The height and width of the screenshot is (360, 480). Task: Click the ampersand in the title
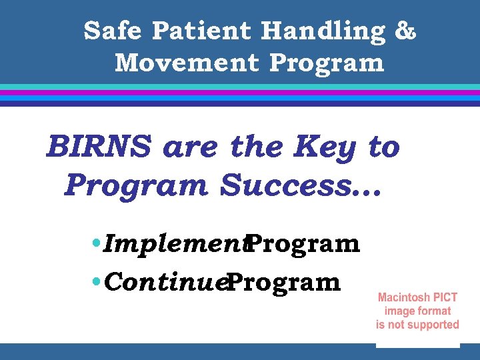click(x=405, y=31)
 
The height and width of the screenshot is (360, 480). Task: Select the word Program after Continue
click(x=283, y=283)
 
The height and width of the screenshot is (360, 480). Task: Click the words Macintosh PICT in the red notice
click(x=417, y=297)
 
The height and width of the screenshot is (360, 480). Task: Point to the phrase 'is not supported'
click(x=417, y=325)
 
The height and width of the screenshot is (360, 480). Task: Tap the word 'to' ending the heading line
click(x=383, y=147)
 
